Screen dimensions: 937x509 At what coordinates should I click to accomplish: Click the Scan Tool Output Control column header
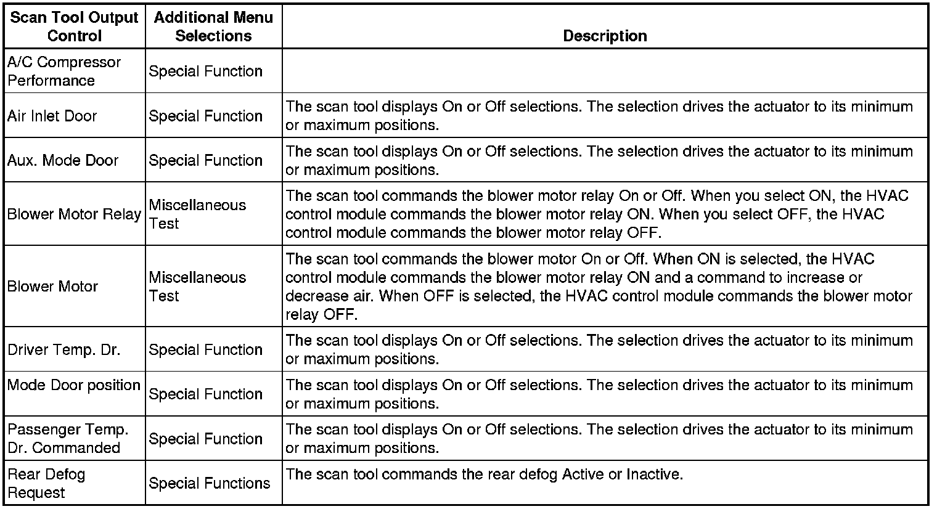point(74,26)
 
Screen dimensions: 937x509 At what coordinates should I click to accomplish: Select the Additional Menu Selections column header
point(213,26)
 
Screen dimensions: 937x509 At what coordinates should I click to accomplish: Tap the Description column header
point(605,36)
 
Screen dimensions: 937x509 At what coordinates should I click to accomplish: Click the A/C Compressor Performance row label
point(64,71)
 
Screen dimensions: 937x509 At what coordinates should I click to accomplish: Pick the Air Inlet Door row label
point(52,116)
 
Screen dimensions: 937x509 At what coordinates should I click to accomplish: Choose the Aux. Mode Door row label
point(63,160)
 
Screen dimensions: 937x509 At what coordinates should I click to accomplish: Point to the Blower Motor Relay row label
point(74,214)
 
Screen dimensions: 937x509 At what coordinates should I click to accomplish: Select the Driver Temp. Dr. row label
point(64,349)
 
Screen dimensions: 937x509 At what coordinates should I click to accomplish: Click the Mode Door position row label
point(74,385)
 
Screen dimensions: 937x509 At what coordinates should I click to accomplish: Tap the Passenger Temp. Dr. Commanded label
point(68,438)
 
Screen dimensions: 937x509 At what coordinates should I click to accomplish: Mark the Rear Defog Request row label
point(46,483)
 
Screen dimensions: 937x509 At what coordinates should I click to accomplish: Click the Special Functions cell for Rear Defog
point(210,483)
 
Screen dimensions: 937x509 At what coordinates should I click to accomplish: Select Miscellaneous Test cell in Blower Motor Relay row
point(197,214)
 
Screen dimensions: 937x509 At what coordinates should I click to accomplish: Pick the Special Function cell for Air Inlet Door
point(206,116)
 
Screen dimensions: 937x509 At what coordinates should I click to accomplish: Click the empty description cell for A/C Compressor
point(605,71)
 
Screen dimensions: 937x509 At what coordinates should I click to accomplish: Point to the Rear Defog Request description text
point(485,474)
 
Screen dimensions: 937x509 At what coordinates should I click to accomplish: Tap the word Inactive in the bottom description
point(655,474)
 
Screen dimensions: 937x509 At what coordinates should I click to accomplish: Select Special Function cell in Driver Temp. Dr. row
point(206,349)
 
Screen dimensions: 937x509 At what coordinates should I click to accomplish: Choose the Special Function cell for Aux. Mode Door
point(206,160)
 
